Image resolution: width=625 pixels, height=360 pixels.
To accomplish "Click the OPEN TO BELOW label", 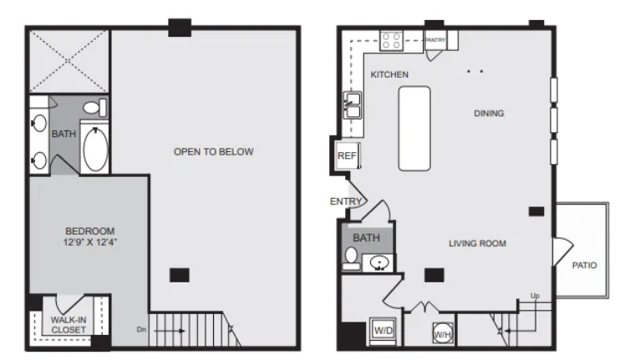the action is click(x=214, y=151).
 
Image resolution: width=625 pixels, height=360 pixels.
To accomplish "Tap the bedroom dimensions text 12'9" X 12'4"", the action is click(x=90, y=242).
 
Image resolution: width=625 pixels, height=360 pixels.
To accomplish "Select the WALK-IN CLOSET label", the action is click(x=69, y=325).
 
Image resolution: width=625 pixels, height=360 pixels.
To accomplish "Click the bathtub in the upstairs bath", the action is click(x=95, y=150).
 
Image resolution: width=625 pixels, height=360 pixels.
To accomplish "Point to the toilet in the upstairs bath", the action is click(x=94, y=108).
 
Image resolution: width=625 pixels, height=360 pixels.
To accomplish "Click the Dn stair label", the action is click(x=141, y=330).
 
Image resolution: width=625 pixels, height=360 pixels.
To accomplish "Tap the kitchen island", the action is click(x=414, y=129).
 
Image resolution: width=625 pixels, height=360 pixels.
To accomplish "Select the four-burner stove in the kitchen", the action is click(x=391, y=41).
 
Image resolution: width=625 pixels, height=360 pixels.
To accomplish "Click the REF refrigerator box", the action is click(x=348, y=155).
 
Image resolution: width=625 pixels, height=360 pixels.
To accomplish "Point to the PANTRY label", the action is click(x=434, y=40).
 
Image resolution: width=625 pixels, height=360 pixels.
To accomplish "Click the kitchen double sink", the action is click(x=353, y=105).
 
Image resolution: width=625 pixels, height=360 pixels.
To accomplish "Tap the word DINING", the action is click(x=489, y=114).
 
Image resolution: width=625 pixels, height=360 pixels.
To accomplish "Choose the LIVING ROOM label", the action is click(x=477, y=243).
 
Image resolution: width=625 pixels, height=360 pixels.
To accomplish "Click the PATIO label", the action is click(x=584, y=265).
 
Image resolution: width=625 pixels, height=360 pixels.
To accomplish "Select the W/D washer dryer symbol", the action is click(x=383, y=331).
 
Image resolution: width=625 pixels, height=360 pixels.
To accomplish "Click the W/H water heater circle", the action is click(x=443, y=333).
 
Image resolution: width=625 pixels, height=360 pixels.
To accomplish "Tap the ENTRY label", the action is click(x=345, y=202).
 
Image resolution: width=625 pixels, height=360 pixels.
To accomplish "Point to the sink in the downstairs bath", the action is click(x=379, y=263).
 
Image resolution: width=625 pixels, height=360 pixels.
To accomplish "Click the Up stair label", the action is click(x=535, y=296).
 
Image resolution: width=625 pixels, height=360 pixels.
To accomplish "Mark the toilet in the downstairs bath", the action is click(x=351, y=257).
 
